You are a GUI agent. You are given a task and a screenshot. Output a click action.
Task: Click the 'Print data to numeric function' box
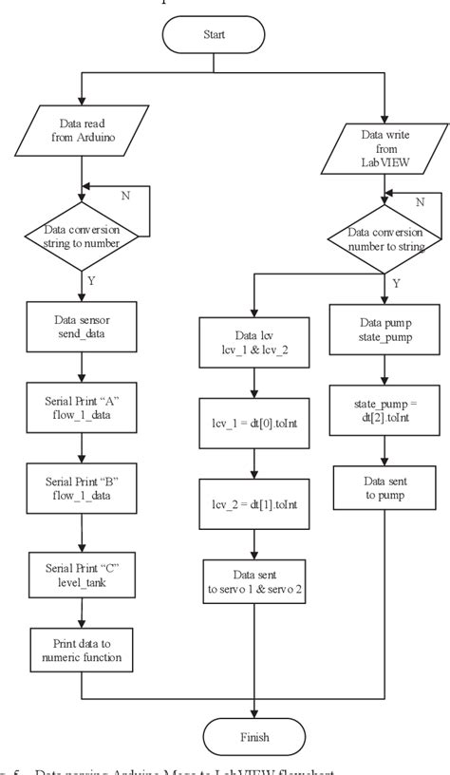coord(82,645)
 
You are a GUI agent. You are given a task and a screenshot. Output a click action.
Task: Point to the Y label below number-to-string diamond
coord(395,282)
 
